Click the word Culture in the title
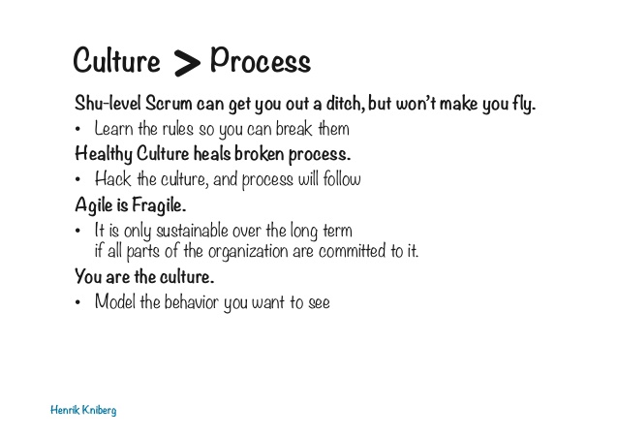pos(116,60)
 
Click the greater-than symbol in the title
pos(187,63)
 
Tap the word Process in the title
pos(261,59)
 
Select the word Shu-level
pos(108,104)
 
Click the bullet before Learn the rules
pos(77,129)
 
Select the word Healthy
pos(104,154)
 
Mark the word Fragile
pos(159,205)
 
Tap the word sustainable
pos(192,232)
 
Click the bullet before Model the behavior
pos(77,302)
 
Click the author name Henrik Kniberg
pos(83,410)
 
